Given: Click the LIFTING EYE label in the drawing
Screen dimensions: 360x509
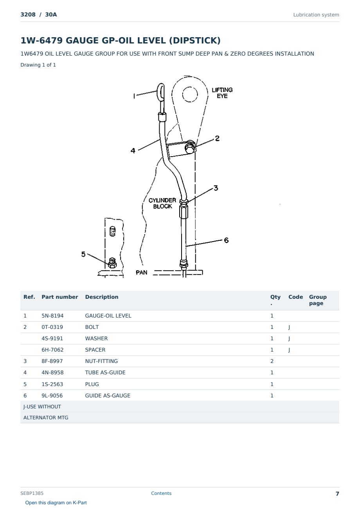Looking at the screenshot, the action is coord(222,93).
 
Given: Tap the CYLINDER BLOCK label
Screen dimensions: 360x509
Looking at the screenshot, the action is coord(162,203).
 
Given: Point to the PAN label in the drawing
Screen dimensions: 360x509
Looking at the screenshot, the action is coord(142,273).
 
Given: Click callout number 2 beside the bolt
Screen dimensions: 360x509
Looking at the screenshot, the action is coord(217,138).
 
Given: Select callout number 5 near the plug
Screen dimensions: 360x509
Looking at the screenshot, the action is coord(83,254).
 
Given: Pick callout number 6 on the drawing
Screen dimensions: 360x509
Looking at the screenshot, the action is coord(226,240).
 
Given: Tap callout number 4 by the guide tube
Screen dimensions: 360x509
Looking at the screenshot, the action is coord(133,150).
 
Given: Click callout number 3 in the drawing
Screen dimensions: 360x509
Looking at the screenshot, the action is coord(216,188).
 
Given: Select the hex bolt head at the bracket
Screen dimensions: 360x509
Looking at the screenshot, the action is coord(190,148).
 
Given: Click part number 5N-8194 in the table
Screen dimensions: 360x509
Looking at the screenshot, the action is coord(52,316).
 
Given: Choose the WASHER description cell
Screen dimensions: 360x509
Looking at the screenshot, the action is coord(96,338).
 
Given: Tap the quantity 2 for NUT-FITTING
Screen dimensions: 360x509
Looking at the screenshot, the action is coord(272,361).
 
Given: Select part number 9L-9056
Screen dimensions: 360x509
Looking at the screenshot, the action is coord(52,395).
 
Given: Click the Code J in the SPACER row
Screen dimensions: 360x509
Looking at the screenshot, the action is coord(289,350).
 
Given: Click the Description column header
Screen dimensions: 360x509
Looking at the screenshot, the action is coord(101,297).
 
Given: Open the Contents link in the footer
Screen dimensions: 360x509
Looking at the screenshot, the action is coord(161,493).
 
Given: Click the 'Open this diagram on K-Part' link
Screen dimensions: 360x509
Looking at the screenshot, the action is coord(56,503).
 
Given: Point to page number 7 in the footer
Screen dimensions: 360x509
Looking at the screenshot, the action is coord(337,494).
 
